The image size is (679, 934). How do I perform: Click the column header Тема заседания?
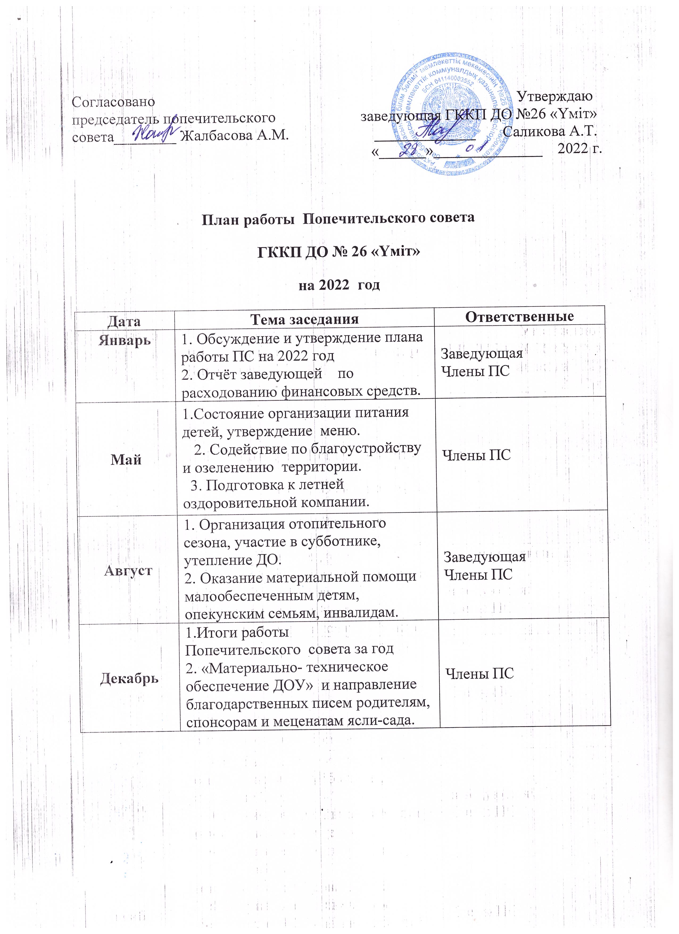(x=304, y=319)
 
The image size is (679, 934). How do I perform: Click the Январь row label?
(x=124, y=340)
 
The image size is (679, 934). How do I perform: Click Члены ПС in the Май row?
(x=476, y=455)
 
